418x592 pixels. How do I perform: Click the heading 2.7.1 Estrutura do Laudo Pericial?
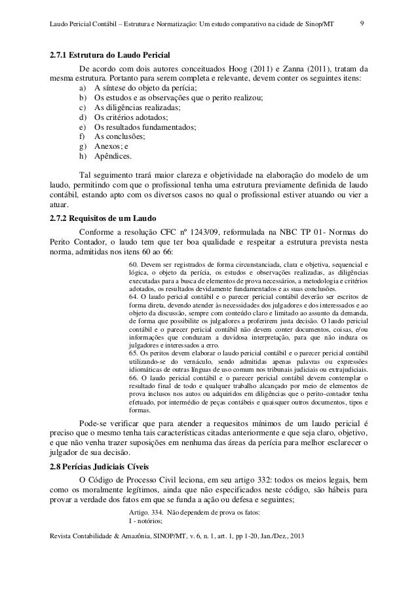[x=105, y=54]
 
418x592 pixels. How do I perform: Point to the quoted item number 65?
[x=133, y=353]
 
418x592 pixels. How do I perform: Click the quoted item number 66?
[x=133, y=378]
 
